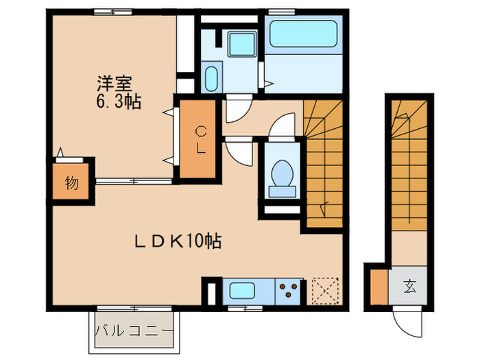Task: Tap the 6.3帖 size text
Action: (x=118, y=103)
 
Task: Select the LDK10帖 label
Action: (x=176, y=241)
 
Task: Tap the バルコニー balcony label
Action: (x=134, y=331)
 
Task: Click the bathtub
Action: (x=302, y=33)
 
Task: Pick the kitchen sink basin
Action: (x=243, y=291)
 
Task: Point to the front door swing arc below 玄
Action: (x=405, y=321)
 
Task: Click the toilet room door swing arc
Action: (x=280, y=128)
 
